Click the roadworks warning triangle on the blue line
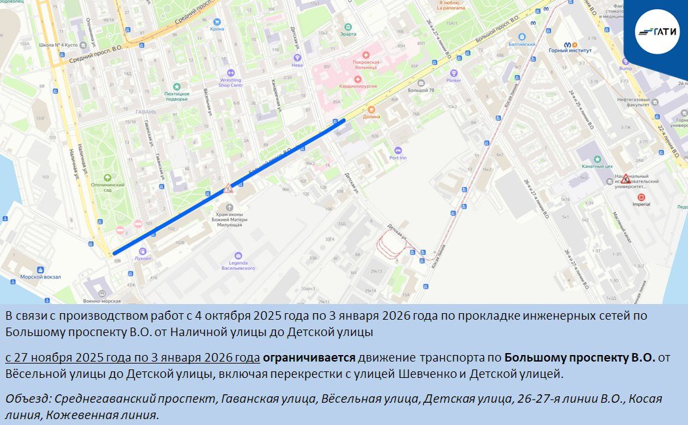point(228,189)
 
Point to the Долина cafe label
point(371,116)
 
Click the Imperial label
point(641,204)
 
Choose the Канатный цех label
point(596,166)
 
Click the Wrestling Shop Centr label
point(230,82)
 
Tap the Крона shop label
point(217,29)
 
